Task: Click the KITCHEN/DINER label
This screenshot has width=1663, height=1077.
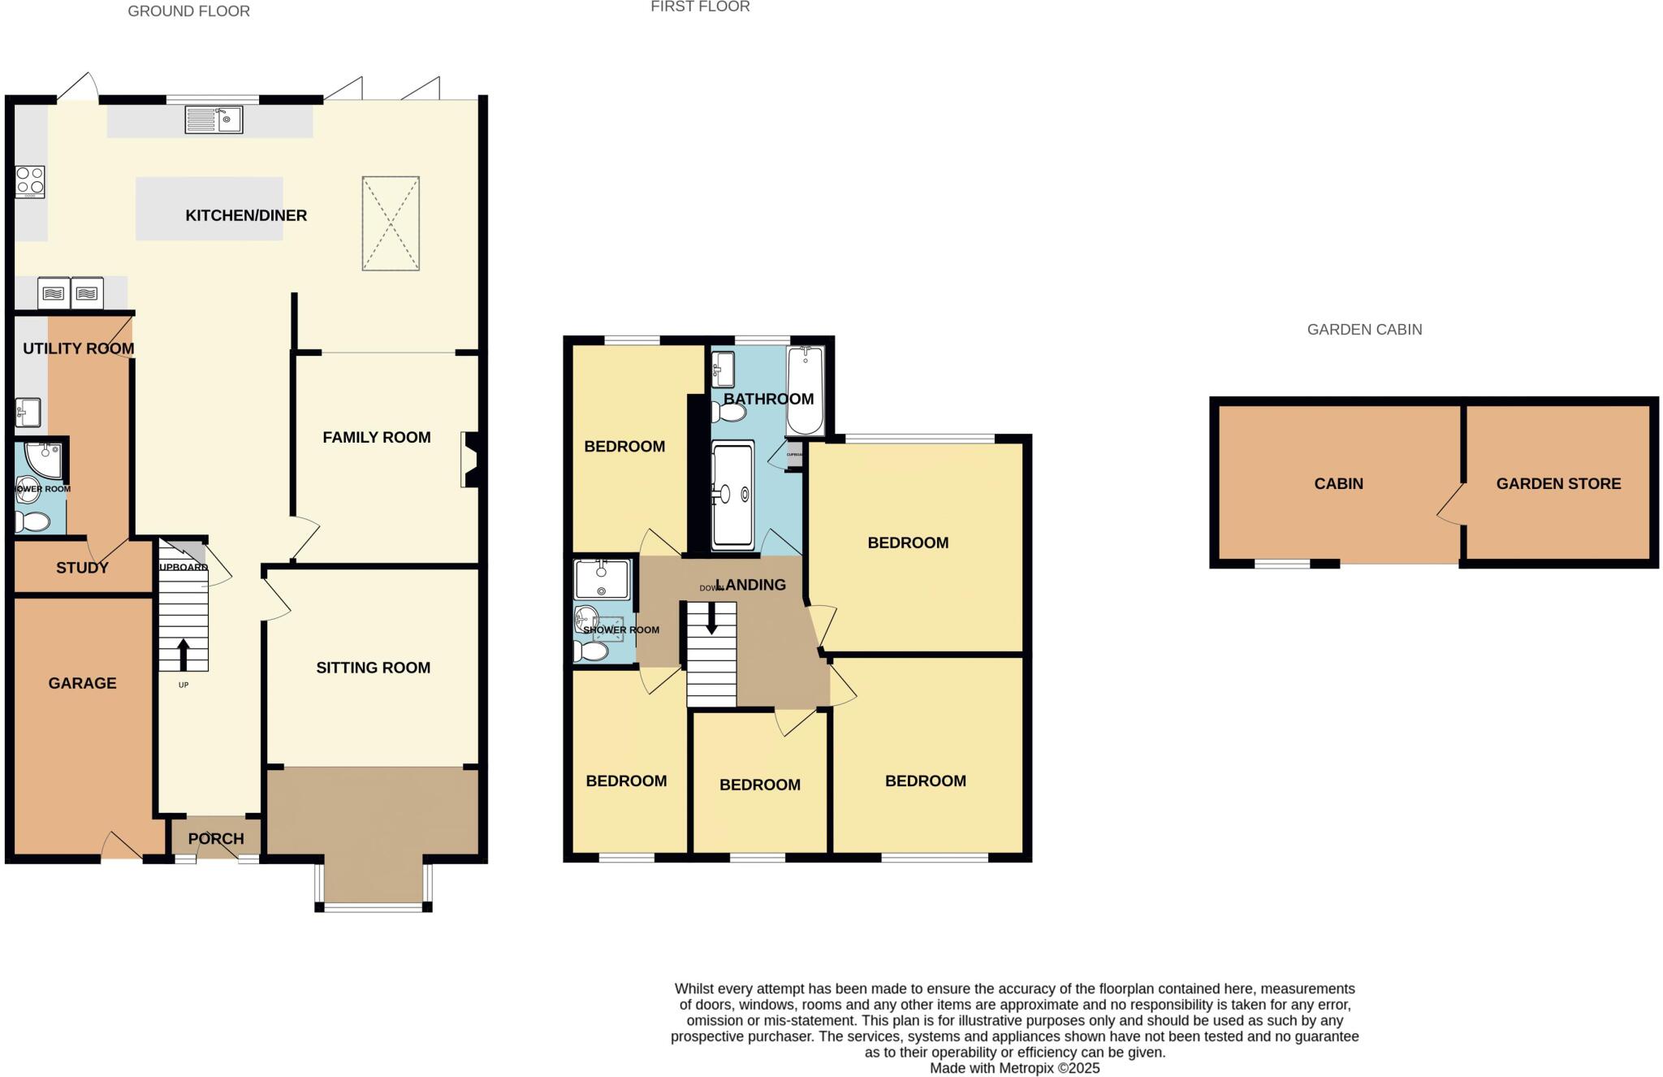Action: click(246, 215)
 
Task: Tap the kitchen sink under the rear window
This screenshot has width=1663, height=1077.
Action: click(214, 120)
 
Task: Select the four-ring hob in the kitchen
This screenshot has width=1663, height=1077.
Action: click(30, 182)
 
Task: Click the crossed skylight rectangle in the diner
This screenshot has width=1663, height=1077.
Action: click(391, 223)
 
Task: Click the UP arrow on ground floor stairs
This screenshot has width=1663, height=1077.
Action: click(183, 654)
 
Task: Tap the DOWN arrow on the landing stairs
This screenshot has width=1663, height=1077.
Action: click(712, 619)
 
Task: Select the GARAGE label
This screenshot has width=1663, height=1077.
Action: click(82, 683)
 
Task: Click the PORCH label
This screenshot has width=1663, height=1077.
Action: click(216, 839)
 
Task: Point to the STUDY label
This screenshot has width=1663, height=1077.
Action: click(82, 568)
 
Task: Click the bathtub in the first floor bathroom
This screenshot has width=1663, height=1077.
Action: click(805, 391)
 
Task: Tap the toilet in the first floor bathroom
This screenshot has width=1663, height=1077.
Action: click(729, 413)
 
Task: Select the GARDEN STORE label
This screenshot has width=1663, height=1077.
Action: click(1558, 483)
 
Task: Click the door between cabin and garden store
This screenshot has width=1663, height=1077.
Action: click(1453, 504)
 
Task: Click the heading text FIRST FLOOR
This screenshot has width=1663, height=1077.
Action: click(700, 6)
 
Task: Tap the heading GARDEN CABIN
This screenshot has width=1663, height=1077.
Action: click(1364, 330)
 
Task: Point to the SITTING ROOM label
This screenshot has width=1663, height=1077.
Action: click(373, 668)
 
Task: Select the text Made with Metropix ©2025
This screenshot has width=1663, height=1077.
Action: click(1014, 1068)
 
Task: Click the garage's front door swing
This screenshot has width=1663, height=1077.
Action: click(122, 846)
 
